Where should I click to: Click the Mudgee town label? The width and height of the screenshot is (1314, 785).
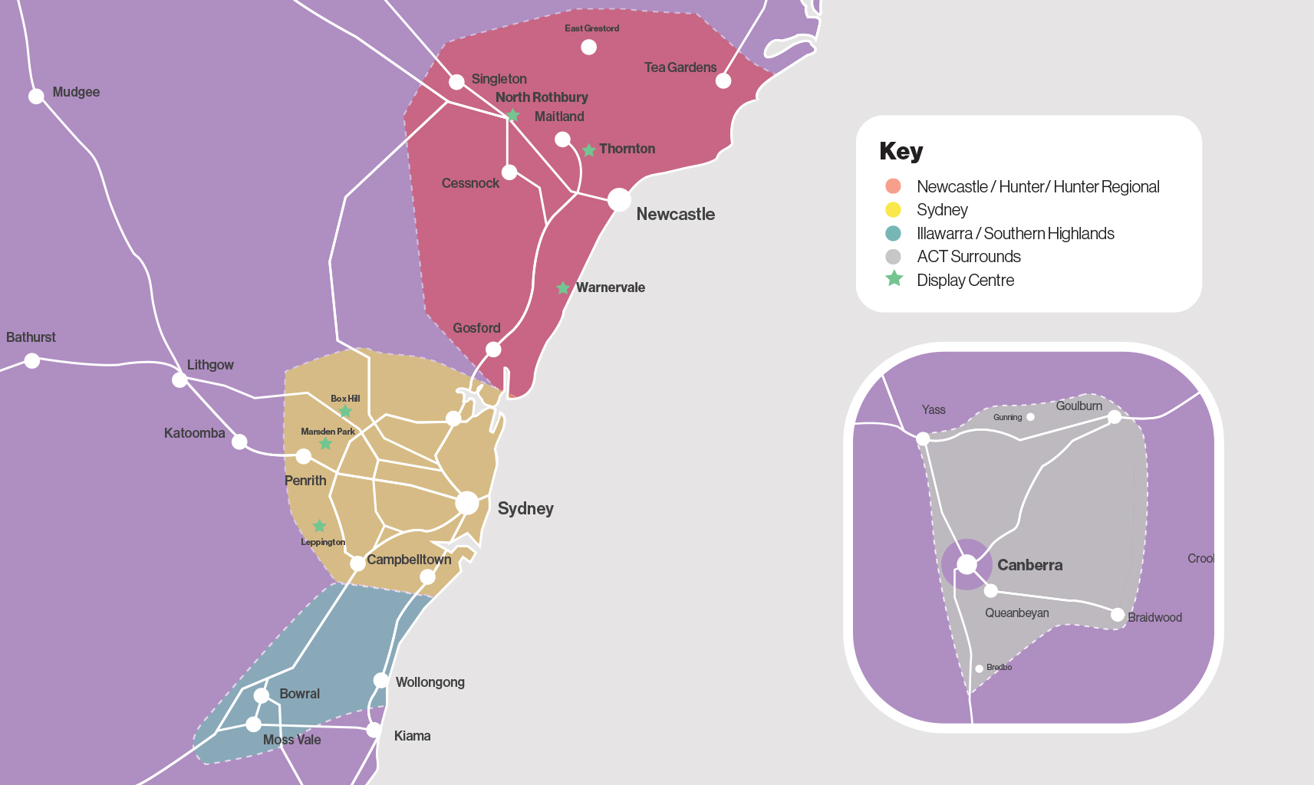coord(76,92)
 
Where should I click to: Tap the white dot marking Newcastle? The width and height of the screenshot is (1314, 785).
coord(619,200)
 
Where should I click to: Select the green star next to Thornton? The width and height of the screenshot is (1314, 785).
coord(588,150)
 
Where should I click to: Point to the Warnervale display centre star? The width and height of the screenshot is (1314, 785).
coord(563,288)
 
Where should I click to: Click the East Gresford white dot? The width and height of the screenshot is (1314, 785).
coord(588,48)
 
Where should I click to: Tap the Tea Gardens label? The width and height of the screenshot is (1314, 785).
coord(680,67)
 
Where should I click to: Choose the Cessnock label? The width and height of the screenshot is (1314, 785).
coord(470,183)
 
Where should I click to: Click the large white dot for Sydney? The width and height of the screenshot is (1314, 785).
coord(467,503)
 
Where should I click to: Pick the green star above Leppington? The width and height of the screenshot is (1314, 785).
coord(319,526)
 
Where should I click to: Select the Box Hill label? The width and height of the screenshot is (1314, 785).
coord(345,399)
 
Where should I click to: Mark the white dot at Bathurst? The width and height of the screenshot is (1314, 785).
coord(31,360)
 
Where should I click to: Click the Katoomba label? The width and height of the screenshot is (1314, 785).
coord(194,433)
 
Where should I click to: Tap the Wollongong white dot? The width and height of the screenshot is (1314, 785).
coord(380,681)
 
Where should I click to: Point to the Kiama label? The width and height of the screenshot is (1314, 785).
coord(412,736)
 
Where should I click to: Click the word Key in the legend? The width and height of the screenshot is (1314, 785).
coord(901,151)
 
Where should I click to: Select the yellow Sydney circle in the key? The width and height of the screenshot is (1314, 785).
coord(893,210)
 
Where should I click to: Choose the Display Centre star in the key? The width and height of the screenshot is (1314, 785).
coord(894,279)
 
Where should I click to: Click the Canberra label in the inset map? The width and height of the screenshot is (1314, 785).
coord(1029,565)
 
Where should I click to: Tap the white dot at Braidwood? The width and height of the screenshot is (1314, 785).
coord(1118,615)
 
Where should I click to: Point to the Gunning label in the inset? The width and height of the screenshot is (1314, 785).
coord(1007,418)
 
